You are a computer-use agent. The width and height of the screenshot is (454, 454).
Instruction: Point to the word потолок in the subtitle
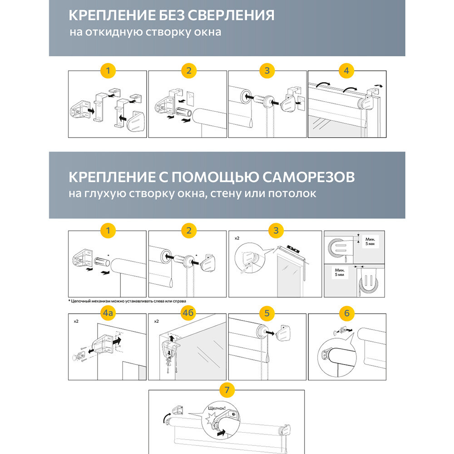290,194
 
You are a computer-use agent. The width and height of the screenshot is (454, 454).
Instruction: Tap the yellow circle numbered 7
227,390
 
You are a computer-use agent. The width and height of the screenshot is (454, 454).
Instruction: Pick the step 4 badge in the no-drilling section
346,71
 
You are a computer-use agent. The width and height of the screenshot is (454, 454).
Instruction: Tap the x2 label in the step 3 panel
237,238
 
